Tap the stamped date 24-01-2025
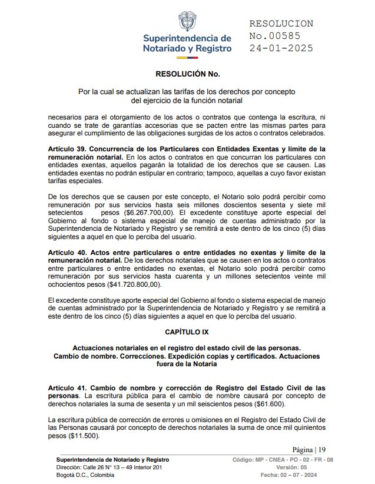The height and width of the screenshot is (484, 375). pyautogui.click(x=281, y=48)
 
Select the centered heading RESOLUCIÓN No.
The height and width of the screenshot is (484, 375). pyautogui.click(x=187, y=75)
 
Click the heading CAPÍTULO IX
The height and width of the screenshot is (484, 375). pyautogui.click(x=187, y=332)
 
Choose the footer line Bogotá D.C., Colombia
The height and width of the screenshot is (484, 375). pyautogui.click(x=85, y=475)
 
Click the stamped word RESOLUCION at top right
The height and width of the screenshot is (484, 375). pyautogui.click(x=281, y=24)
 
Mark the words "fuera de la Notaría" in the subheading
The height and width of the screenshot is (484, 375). pyautogui.click(x=187, y=364)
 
